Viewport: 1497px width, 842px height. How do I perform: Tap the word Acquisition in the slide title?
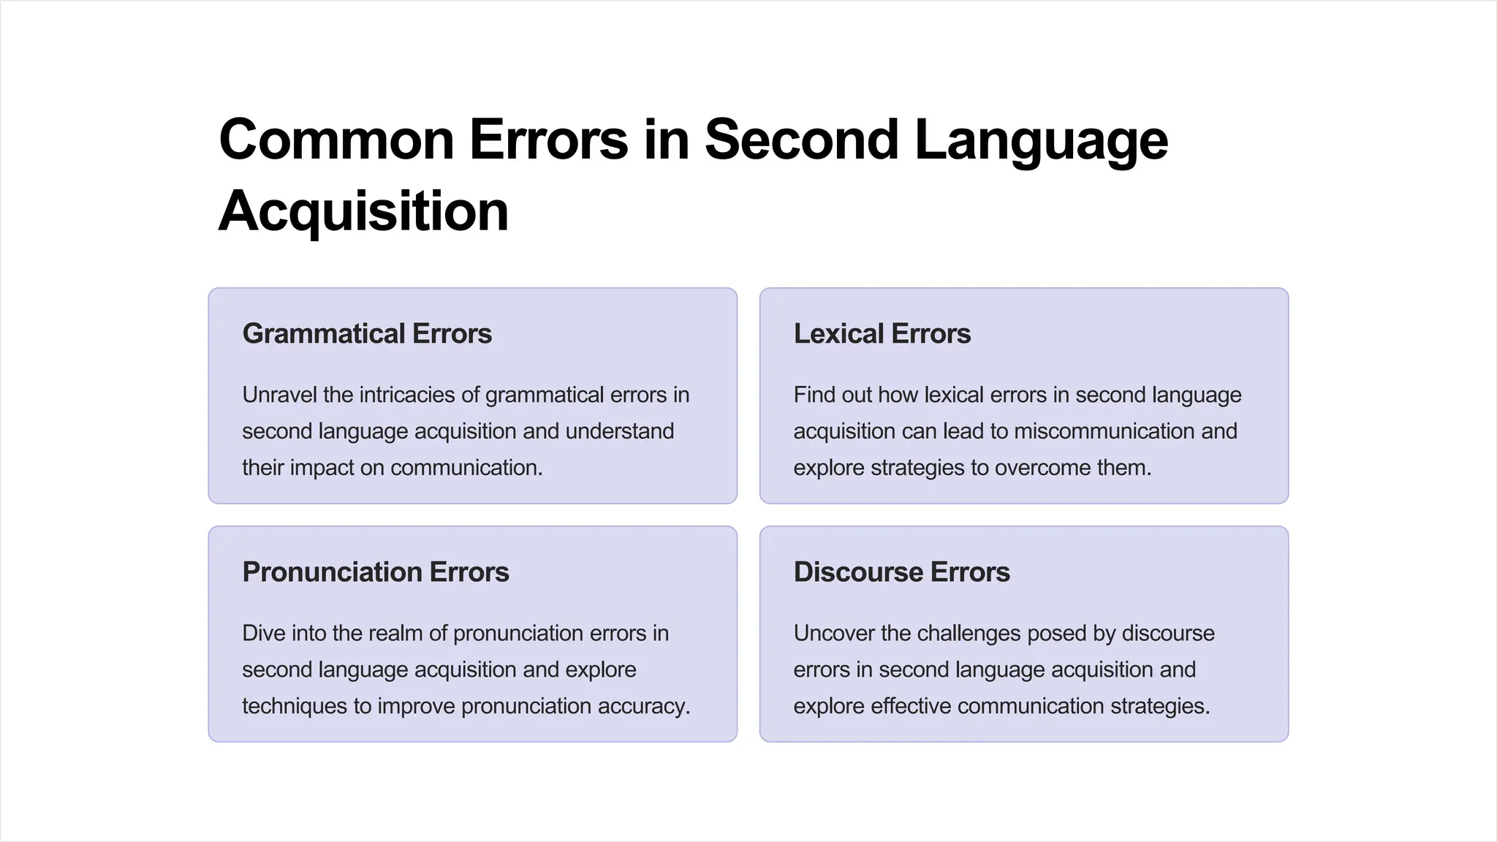pos(363,211)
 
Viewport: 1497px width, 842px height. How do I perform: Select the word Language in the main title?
pos(1041,140)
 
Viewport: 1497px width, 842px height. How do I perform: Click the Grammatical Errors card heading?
pos(367,334)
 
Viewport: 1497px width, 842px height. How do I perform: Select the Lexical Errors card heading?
pos(882,334)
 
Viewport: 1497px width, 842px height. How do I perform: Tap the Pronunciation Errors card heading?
pos(376,572)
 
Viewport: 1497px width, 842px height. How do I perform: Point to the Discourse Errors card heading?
pos(901,572)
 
